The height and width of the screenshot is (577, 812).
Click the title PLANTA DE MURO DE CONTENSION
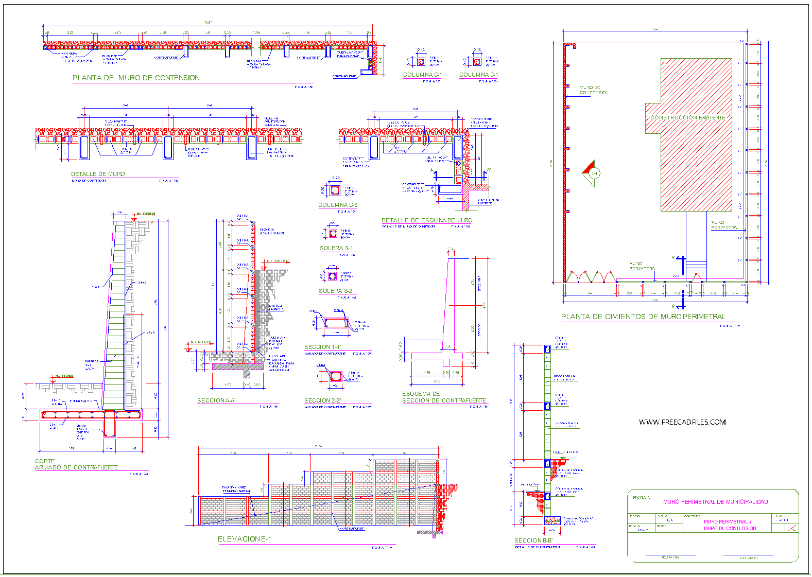pyautogui.click(x=136, y=78)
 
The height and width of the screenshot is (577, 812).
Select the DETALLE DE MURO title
pyautogui.click(x=98, y=174)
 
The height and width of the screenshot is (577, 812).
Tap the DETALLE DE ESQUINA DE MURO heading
pyautogui.click(x=426, y=220)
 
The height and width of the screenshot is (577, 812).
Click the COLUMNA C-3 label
pyautogui.click(x=337, y=205)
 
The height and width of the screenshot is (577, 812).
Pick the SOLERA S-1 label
pyautogui.click(x=336, y=248)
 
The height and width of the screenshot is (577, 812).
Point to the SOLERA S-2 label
pyautogui.click(x=335, y=291)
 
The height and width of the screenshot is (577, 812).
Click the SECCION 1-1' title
pyautogui.click(x=322, y=347)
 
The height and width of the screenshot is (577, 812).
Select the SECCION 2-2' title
pyautogui.click(x=322, y=400)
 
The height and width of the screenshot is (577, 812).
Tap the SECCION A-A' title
pyautogui.click(x=216, y=400)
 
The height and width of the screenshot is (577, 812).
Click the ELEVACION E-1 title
pyautogui.click(x=244, y=539)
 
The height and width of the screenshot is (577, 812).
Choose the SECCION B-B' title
pyautogui.click(x=533, y=540)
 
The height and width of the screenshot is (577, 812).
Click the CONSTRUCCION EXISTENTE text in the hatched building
pyautogui.click(x=687, y=118)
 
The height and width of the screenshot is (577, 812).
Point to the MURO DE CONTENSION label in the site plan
pyautogui.click(x=593, y=90)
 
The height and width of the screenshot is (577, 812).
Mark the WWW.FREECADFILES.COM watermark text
pyautogui.click(x=682, y=423)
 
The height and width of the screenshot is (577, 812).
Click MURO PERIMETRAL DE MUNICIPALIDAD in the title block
pyautogui.click(x=715, y=502)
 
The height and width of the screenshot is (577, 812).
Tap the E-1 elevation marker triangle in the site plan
pyautogui.click(x=591, y=173)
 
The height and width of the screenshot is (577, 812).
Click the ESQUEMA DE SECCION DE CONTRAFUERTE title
pyautogui.click(x=444, y=397)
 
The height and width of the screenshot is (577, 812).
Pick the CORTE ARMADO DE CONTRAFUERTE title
pyautogui.click(x=76, y=464)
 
